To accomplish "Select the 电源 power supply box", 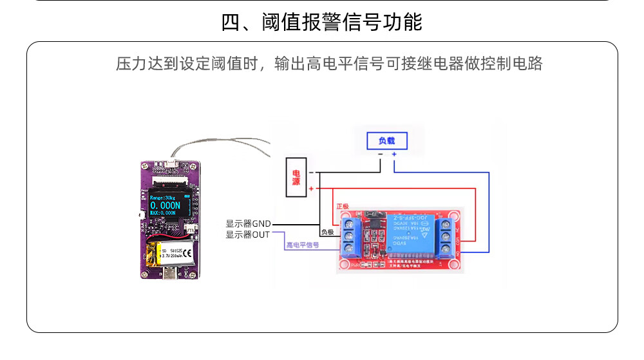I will [x=296, y=177].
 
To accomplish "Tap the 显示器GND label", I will [x=248, y=223].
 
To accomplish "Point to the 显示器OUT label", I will [x=248, y=234].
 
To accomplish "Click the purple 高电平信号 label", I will [x=303, y=245].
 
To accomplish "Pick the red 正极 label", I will [x=343, y=207].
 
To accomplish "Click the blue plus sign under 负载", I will [x=394, y=155].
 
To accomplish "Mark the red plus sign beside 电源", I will [x=311, y=189].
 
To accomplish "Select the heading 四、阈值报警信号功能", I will [x=321, y=23].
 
